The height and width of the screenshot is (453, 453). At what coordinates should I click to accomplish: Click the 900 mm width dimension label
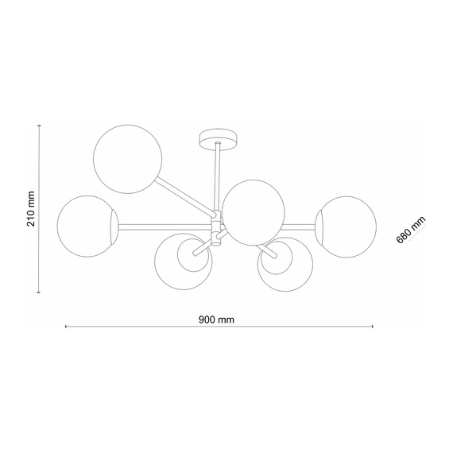pos(216,319)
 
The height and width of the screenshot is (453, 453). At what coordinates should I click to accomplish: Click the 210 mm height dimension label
pos(31,209)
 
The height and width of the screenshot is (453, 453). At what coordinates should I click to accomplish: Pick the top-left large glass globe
pos(128,158)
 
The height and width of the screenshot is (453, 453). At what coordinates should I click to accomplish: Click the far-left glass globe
pos(87,226)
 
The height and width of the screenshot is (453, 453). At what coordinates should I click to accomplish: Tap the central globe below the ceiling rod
pos(252,211)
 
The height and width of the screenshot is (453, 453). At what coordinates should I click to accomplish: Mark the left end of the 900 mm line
pos(65,327)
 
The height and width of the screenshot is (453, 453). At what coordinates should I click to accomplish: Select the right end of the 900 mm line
pos(372,327)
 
